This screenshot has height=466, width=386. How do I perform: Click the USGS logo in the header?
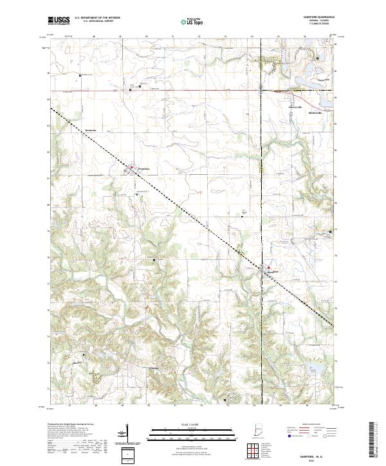pyautogui.click(x=59, y=21)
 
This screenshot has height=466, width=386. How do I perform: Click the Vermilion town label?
pyautogui.click(x=141, y=169)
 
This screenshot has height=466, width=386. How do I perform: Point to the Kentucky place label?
pyautogui.click(x=91, y=129)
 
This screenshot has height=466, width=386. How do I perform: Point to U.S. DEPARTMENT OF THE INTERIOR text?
pyautogui.click(x=96, y=18)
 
